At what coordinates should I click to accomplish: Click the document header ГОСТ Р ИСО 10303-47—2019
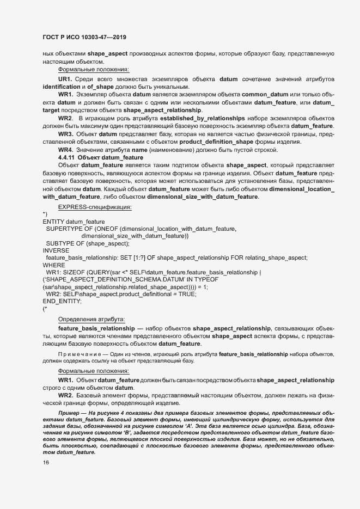pyautogui.click(x=85, y=37)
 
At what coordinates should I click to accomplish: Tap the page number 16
pyautogui.click(x=46, y=463)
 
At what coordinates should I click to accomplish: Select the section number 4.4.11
pyautogui.click(x=68, y=157)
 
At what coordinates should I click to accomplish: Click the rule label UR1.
pyautogui.click(x=66, y=79)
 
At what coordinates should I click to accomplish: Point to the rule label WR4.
pyautogui.click(x=66, y=150)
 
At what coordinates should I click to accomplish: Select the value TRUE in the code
pyautogui.click(x=185, y=293)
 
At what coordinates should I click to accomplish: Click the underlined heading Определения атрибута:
pyautogui.click(x=91, y=318)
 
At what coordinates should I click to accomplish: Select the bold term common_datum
pyautogui.click(x=265, y=94)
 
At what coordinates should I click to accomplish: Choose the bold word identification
pyautogui.click(x=61, y=87)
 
